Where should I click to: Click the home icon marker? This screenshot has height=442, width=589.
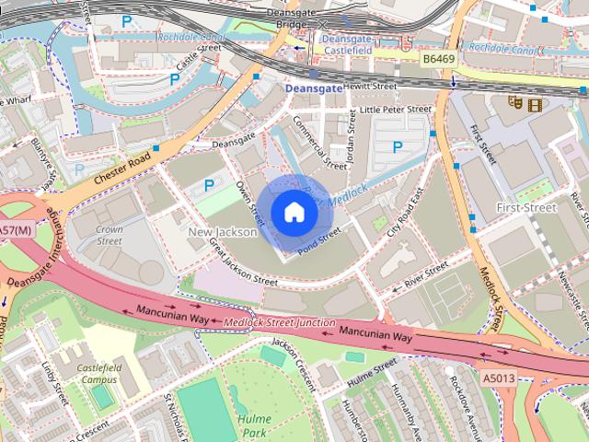click(294, 213)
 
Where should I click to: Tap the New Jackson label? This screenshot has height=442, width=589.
click(223, 233)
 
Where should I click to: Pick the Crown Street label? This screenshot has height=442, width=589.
click(110, 235)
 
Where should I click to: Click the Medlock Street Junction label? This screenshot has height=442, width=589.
click(280, 322)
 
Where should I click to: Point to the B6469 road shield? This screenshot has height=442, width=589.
click(440, 58)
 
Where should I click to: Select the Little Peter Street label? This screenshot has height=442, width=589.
click(395, 110)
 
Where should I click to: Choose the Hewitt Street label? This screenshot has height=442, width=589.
click(371, 87)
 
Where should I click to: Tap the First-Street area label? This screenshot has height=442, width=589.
click(525, 208)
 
